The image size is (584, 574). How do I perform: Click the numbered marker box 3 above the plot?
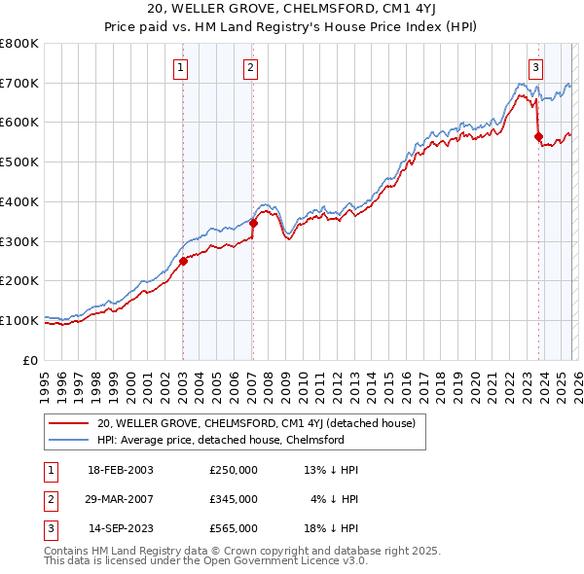536,67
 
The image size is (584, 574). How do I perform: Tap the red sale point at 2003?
183,260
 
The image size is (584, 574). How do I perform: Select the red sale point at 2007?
253,223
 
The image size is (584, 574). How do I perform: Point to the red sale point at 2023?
538,136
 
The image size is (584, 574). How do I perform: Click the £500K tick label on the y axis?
19,162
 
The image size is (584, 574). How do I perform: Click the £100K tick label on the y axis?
19,320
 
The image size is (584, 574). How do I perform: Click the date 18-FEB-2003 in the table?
121,470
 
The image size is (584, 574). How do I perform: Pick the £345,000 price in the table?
234,499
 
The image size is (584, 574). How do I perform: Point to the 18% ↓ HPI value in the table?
332,528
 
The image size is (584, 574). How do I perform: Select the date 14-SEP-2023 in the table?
121,528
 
